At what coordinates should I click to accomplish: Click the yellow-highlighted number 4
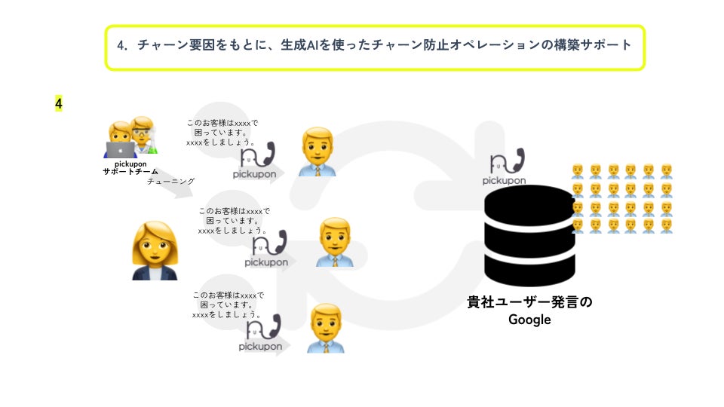click(58, 103)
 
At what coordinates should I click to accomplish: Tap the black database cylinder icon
click(529, 234)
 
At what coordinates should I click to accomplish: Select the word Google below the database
click(529, 320)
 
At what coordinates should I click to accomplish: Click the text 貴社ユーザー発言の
click(529, 302)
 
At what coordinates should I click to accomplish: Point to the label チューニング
click(170, 182)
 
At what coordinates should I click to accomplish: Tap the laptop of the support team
click(121, 149)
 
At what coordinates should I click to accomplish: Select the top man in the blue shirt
click(317, 151)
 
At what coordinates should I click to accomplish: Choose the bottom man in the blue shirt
click(326, 328)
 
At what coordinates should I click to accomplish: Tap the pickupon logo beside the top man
click(259, 162)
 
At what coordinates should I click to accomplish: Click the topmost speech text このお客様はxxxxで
click(222, 123)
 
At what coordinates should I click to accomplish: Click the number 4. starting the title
click(124, 46)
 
